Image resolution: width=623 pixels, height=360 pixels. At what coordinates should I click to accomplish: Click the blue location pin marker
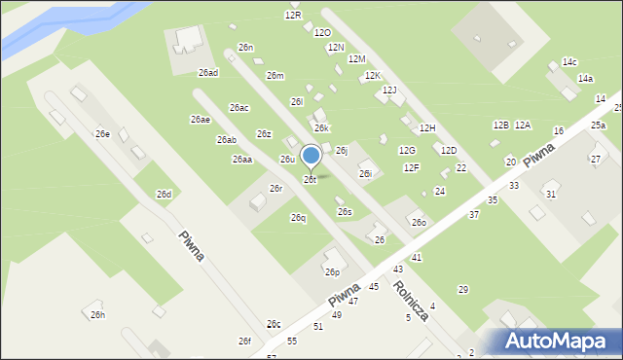click(311, 156)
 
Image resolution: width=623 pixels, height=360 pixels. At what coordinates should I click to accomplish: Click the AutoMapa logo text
click(560, 341)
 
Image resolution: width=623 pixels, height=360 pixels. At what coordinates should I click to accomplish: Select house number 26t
click(310, 180)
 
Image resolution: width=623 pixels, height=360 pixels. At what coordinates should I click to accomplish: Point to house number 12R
click(293, 16)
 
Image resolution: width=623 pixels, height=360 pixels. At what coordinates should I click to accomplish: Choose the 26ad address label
click(208, 73)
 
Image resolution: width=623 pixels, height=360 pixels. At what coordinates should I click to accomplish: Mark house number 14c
click(569, 62)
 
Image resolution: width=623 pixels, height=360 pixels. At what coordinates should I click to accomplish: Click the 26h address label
click(97, 314)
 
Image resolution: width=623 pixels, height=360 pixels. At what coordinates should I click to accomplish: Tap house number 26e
click(102, 133)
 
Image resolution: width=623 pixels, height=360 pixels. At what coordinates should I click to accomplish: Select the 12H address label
click(427, 127)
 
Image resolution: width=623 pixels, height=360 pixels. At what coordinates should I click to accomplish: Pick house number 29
click(463, 289)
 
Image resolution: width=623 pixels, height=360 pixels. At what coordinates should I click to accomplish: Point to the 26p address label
click(332, 272)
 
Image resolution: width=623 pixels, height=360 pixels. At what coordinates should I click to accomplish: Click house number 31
click(551, 195)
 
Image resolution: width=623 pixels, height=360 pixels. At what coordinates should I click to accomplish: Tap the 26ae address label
click(200, 119)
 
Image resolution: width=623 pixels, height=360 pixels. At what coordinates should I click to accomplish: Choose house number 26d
click(164, 195)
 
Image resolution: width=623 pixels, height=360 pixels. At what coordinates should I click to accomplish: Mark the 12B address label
click(500, 125)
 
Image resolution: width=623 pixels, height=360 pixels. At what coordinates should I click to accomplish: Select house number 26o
click(419, 223)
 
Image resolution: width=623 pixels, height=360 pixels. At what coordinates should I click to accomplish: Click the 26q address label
click(298, 218)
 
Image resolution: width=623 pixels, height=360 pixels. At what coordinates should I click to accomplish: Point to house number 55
click(292, 341)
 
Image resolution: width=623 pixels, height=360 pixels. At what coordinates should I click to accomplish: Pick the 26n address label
click(246, 47)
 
